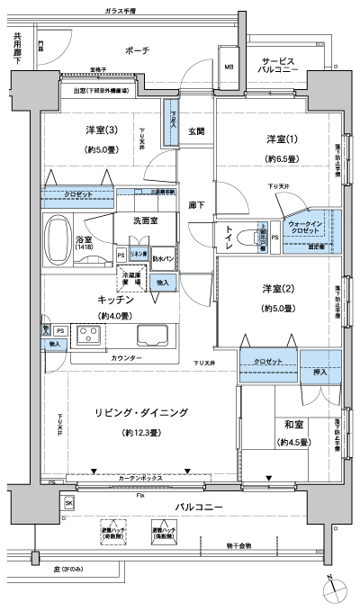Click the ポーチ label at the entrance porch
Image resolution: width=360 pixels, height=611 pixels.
click(x=138, y=50)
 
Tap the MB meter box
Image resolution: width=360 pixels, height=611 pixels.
click(x=229, y=67)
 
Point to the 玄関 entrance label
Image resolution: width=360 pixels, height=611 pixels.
click(x=196, y=131)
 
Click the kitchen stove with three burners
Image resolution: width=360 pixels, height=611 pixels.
click(x=91, y=336)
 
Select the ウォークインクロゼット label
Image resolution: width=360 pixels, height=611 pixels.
click(x=305, y=228)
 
